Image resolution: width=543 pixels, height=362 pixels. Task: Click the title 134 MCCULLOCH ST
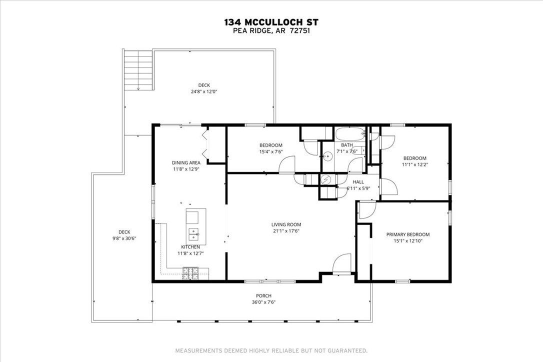pos(271,22)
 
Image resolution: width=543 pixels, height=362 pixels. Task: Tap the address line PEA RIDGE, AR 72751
pos(271,30)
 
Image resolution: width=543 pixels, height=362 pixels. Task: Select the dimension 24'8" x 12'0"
pos(203,91)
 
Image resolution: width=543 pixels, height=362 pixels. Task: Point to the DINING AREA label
pos(186,162)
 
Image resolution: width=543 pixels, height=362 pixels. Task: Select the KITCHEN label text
pos(190,247)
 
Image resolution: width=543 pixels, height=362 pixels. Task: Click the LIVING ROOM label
pos(286,224)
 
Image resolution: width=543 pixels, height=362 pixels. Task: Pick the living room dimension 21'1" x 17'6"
pos(286,231)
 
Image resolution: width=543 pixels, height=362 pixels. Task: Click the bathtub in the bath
pos(350,134)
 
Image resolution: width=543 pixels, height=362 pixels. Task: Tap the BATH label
pos(347,145)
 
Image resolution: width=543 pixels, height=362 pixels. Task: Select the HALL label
pos(358,182)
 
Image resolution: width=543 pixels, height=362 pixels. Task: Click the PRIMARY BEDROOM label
pos(407,234)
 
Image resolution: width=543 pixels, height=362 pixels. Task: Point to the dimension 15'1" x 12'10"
pos(407,240)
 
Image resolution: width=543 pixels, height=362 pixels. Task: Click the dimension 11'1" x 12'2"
pos(415,164)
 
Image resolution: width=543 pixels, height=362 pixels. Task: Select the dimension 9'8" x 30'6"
pos(124,238)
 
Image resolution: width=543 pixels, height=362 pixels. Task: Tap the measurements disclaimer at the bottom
pos(271,350)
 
